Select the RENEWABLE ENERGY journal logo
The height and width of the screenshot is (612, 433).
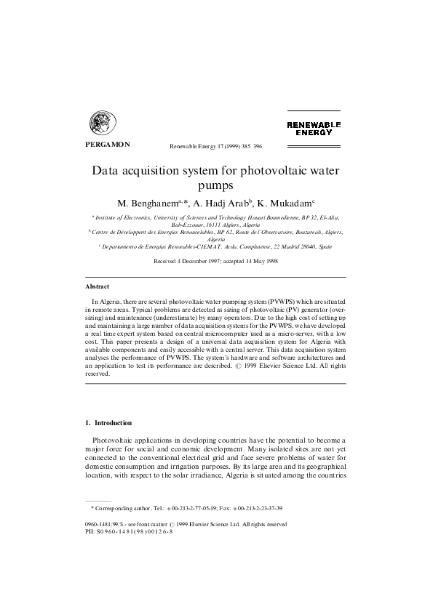314,129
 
